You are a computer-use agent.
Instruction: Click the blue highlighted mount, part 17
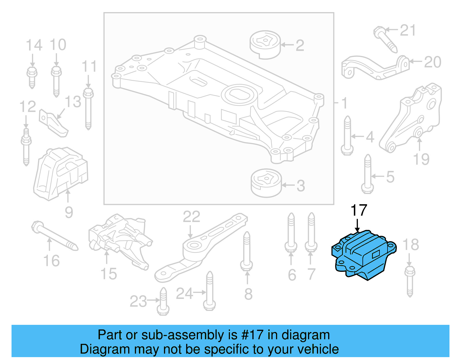(x=364, y=255)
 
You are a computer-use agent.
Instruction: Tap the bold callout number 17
(x=359, y=210)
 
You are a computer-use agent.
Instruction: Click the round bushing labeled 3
(x=266, y=183)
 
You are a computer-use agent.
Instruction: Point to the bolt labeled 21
(x=385, y=39)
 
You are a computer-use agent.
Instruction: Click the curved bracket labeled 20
(x=375, y=68)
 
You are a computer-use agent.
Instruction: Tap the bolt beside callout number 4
(x=347, y=135)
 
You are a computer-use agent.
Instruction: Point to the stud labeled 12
(x=26, y=147)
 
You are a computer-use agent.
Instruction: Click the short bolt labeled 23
(x=163, y=303)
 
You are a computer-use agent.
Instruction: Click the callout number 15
(x=109, y=274)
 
